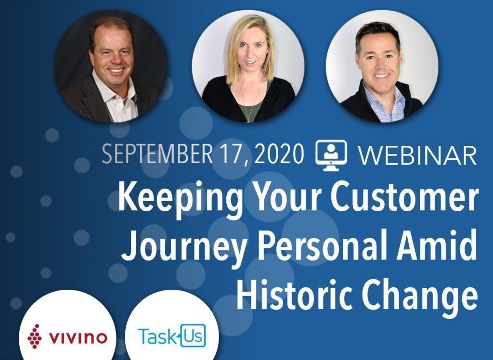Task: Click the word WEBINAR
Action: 418,154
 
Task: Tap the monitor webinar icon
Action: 331,155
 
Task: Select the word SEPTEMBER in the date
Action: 157,154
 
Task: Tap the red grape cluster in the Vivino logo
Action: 34,336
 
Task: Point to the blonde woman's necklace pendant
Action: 249,120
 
